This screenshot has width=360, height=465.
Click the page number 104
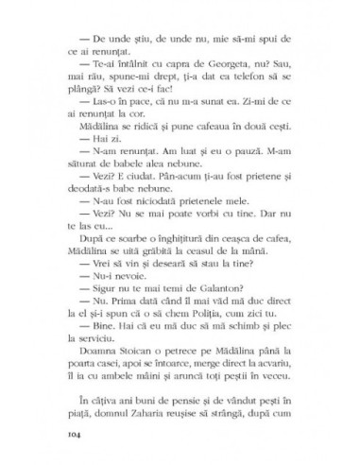click(77, 434)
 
